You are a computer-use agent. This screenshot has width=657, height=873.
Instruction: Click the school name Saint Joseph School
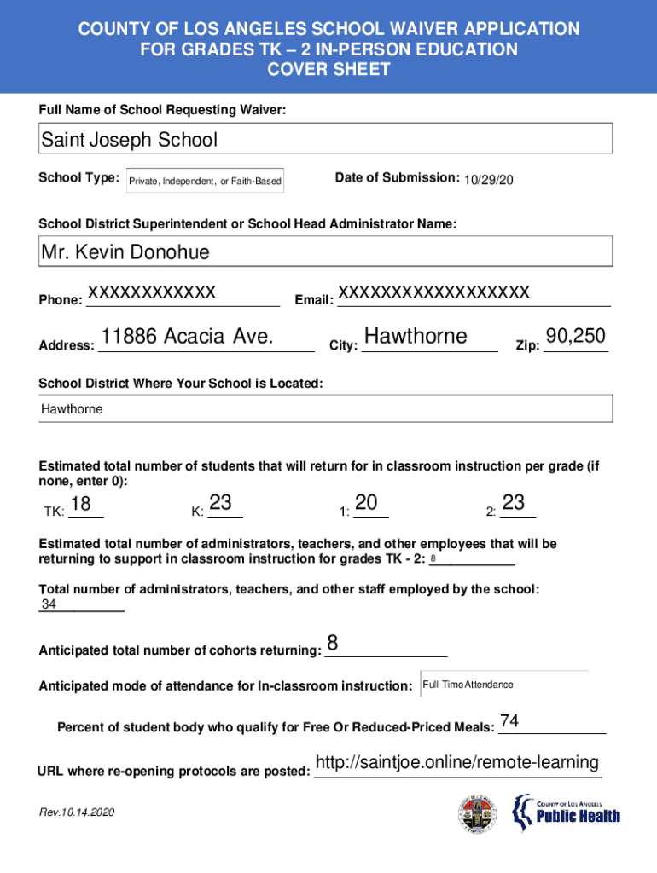129,140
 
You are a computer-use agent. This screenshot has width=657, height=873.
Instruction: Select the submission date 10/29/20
489,180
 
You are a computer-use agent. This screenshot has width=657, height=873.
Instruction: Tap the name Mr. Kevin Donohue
125,252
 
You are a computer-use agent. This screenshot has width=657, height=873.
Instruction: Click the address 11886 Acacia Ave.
187,337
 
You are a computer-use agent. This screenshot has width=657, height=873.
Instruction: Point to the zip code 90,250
575,337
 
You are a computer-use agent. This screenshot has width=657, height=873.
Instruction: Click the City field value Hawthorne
416,337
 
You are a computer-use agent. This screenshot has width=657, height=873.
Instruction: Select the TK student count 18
81,504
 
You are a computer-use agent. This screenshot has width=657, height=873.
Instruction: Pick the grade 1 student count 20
367,504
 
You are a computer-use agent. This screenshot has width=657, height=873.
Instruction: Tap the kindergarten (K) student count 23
220,504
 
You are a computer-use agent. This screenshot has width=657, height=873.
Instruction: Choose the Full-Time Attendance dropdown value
468,685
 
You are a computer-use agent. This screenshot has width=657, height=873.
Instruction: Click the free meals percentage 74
509,721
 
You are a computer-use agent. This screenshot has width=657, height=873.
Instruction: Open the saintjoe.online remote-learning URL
456,762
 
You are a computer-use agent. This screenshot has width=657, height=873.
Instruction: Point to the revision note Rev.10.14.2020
76,812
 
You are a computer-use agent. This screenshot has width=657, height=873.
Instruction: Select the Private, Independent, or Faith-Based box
205,182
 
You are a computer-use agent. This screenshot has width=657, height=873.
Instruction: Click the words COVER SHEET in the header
328,70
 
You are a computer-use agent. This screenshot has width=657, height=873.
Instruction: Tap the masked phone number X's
151,292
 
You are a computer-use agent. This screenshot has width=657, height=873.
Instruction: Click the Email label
313,300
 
